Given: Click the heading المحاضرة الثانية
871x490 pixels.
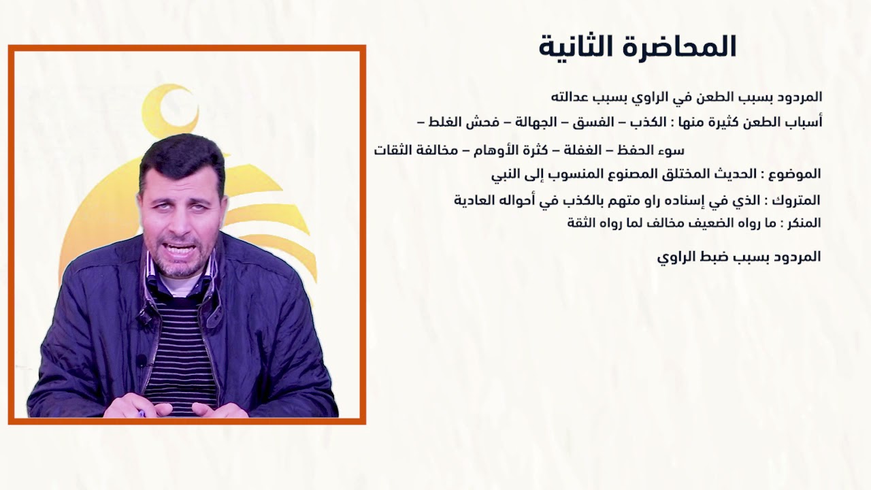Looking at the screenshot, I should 638,47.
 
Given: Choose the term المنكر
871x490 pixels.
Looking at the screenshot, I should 804,223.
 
